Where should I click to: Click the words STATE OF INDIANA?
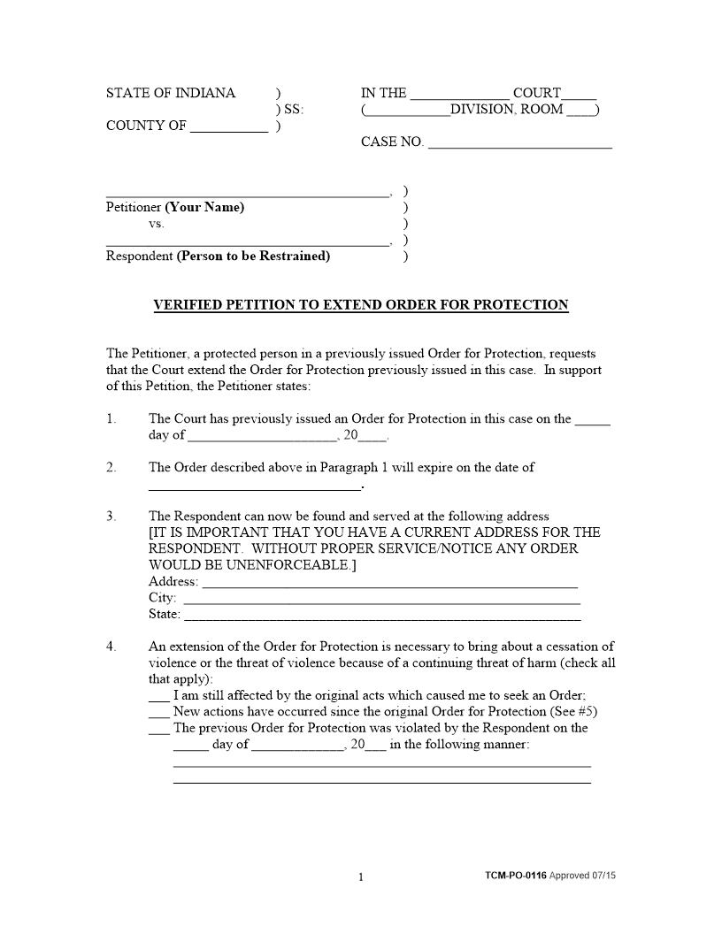171,93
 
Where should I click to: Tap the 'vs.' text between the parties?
157,224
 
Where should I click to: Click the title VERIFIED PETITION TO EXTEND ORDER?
361,305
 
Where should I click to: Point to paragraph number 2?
111,467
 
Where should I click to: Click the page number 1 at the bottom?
361,877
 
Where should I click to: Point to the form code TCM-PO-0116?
516,876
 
